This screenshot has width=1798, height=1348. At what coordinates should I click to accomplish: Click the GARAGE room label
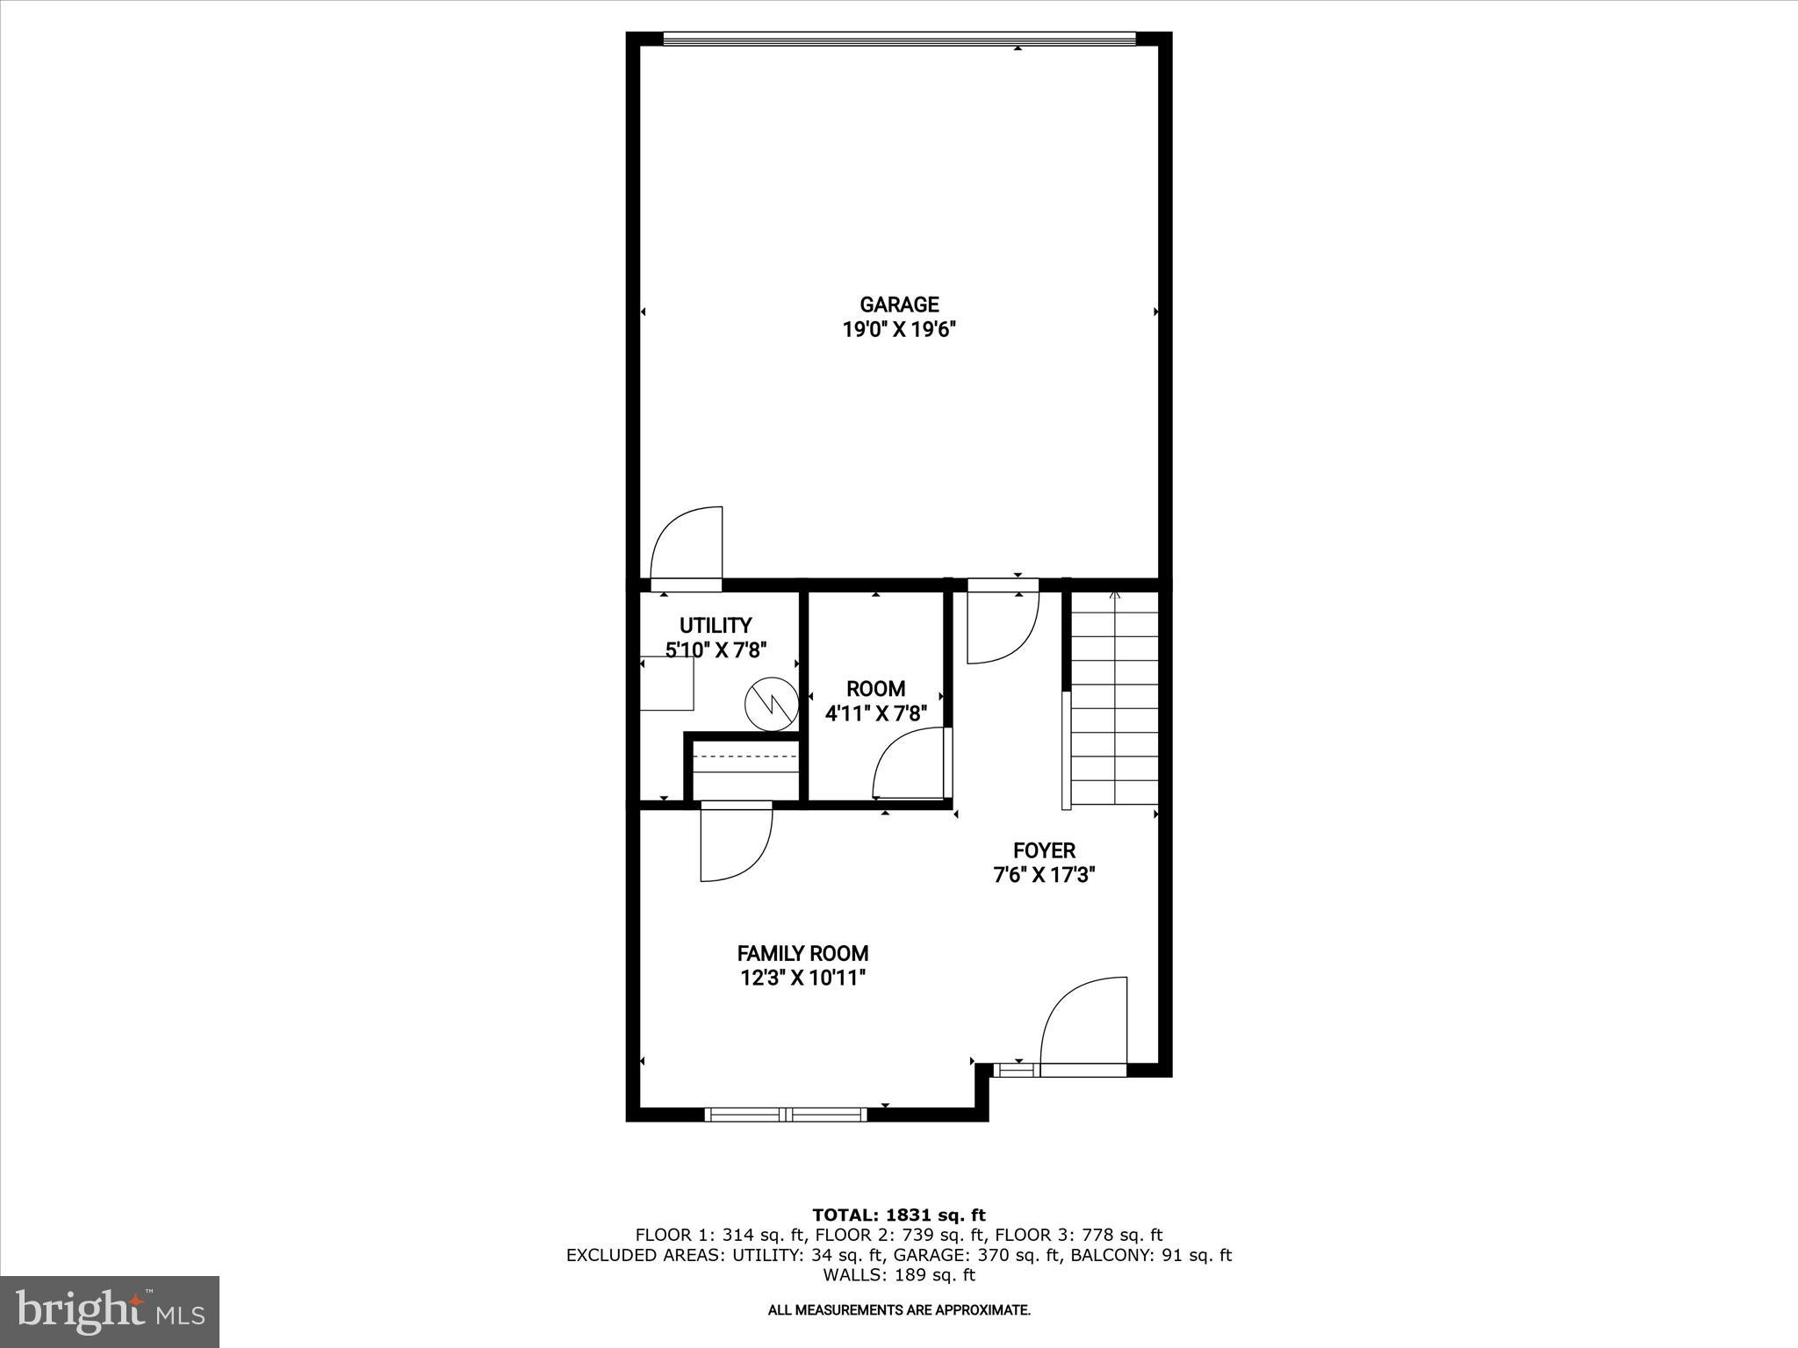tap(899, 305)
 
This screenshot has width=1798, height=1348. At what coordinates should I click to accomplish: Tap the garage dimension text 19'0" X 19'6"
tap(899, 331)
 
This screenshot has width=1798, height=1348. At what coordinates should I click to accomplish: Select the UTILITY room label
tap(716, 626)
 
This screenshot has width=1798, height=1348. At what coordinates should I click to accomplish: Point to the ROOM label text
tap(875, 689)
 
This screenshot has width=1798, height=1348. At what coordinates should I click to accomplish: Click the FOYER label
tap(1044, 850)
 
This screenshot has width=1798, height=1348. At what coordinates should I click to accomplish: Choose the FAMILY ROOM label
tap(802, 953)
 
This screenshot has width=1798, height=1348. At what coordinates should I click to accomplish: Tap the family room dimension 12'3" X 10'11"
tap(802, 978)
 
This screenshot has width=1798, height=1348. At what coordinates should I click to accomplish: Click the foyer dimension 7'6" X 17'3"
tap(1044, 875)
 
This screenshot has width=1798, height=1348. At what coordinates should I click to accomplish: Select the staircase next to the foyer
tap(1113, 698)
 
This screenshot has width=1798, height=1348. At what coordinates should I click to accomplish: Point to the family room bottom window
tap(786, 1115)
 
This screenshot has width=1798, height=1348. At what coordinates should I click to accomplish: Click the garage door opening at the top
tap(899, 39)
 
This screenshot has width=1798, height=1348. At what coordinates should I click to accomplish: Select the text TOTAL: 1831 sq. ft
tap(899, 1215)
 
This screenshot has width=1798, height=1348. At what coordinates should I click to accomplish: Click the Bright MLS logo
tap(110, 1311)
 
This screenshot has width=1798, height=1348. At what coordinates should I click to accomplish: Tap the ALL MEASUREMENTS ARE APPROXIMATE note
tap(899, 1310)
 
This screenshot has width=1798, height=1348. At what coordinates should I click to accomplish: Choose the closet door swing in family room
tap(736, 842)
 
